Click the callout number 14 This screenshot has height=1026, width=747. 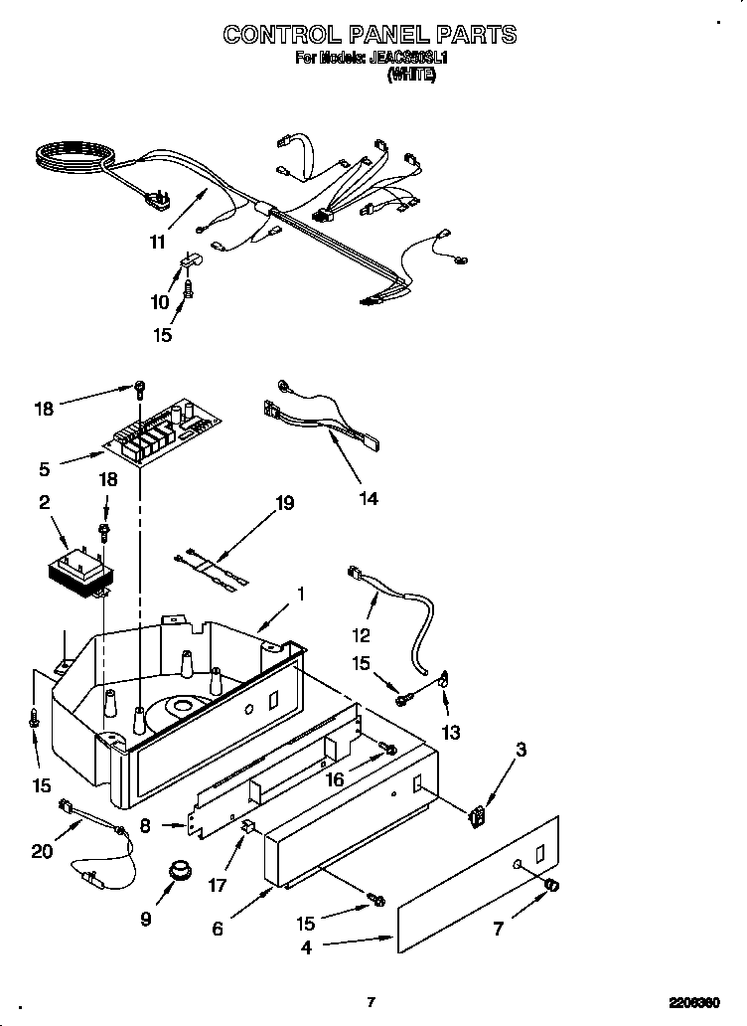pos(368,498)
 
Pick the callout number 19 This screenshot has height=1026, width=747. pos(284,504)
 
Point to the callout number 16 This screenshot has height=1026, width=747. pos(335,780)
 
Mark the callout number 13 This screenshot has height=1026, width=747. pos(452,733)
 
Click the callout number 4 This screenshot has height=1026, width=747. pos(306,947)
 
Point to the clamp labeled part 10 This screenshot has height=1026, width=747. pos(190,262)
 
